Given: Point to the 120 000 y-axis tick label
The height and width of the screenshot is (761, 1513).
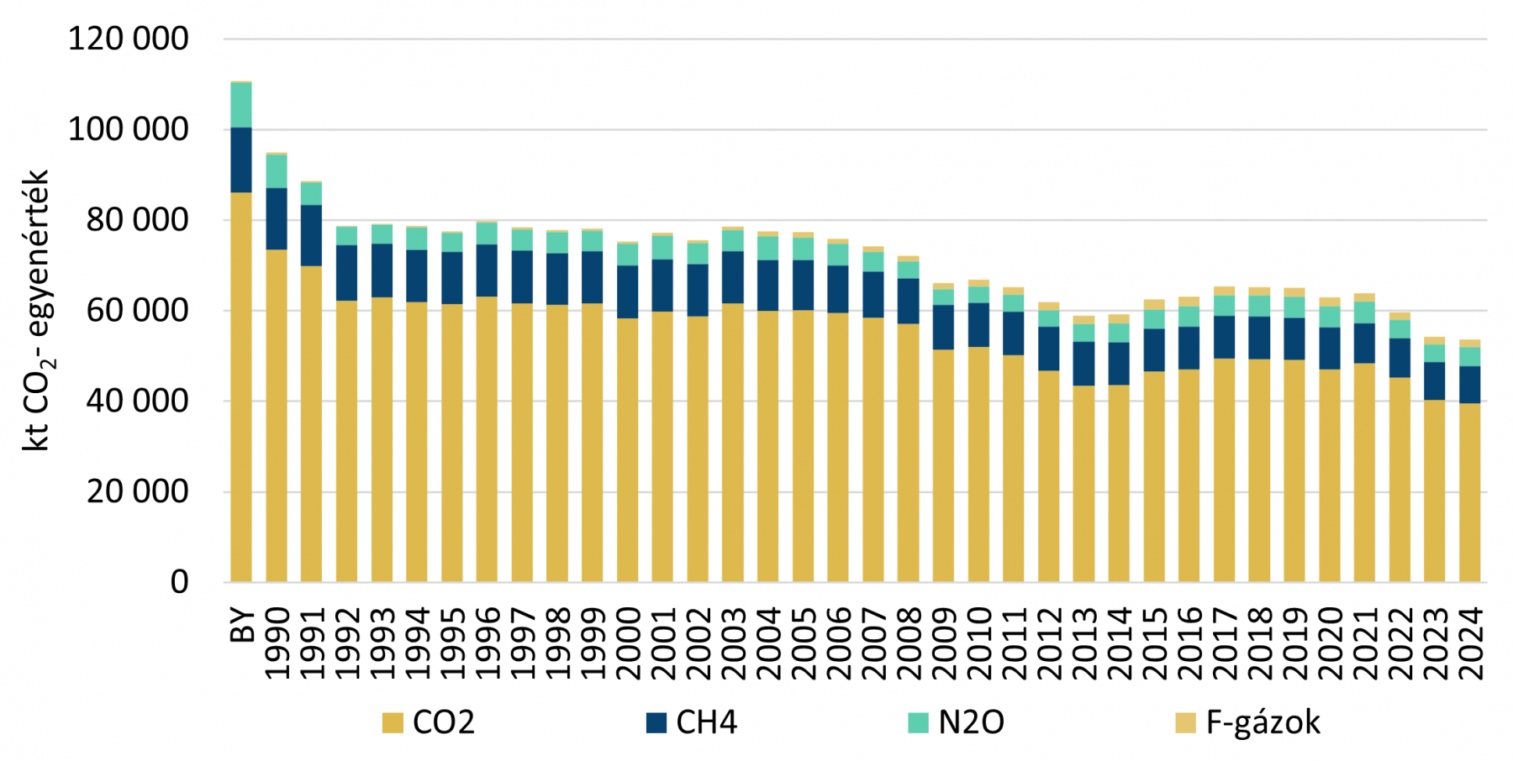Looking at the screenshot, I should click(129, 39).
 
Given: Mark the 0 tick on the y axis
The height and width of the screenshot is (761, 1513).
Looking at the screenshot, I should click(179, 582).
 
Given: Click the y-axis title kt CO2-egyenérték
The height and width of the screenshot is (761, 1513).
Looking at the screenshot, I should click(36, 311).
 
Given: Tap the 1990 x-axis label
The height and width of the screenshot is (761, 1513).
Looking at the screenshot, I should click(277, 643).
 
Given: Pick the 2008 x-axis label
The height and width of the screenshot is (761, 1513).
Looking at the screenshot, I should click(909, 643).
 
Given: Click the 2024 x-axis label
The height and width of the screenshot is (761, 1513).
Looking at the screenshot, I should click(1470, 643).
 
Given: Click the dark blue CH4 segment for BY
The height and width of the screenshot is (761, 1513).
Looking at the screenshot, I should click(241, 160).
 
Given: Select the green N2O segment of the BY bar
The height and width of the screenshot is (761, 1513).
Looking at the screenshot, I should click(241, 105).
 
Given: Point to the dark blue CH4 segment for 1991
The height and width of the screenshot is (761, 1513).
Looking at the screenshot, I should click(312, 235).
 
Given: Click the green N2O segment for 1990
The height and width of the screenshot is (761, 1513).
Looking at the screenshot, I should click(277, 171).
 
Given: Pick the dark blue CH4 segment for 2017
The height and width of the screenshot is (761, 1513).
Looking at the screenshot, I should click(1225, 337).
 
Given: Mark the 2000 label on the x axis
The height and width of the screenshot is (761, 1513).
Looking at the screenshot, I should click(628, 643).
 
